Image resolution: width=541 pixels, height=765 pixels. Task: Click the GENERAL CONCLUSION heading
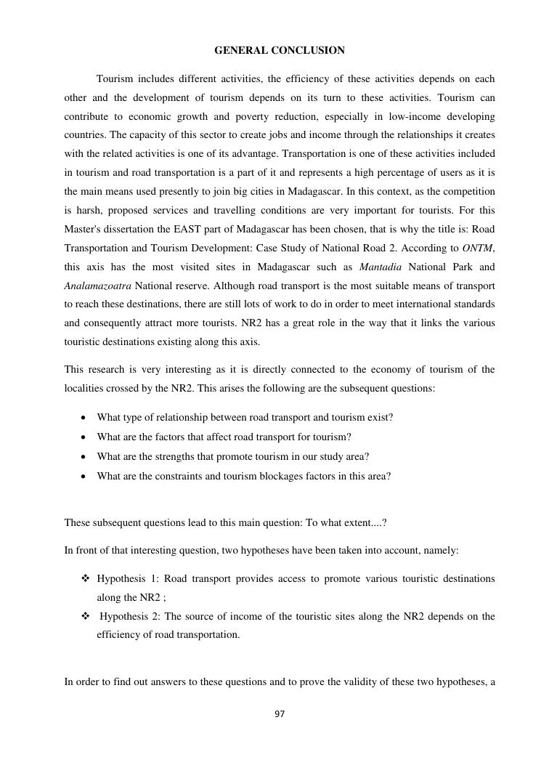click(280, 50)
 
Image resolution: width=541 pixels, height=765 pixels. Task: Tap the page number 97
click(280, 714)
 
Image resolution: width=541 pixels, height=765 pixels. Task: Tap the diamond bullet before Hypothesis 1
click(85, 579)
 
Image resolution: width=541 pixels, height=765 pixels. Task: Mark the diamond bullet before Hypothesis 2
click(85, 617)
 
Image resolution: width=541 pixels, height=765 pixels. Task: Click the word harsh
click(91, 211)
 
